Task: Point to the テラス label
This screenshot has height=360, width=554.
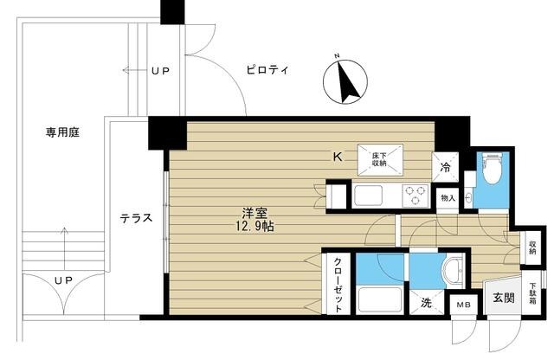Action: pos(137,218)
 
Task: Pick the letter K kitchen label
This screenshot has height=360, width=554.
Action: pos(339,157)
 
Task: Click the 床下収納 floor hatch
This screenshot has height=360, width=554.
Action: pos(379,157)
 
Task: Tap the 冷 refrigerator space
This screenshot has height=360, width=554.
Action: pos(445,168)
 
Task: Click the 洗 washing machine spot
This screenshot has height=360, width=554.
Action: pos(426,304)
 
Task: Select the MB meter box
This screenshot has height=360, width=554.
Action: pos(465,305)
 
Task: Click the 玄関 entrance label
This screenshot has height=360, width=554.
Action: pos(504,299)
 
